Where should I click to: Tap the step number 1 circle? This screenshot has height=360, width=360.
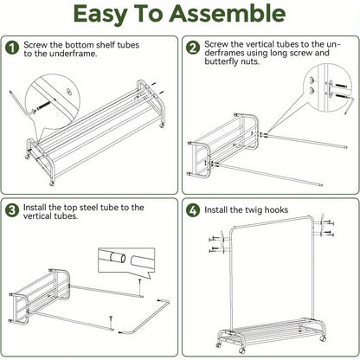pos(12,48)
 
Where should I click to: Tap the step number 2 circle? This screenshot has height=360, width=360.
pos(192,48)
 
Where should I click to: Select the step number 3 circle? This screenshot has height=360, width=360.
pos(12,209)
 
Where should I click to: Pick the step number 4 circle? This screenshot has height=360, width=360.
pos(192,209)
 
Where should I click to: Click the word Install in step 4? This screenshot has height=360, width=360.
pos(220,209)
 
